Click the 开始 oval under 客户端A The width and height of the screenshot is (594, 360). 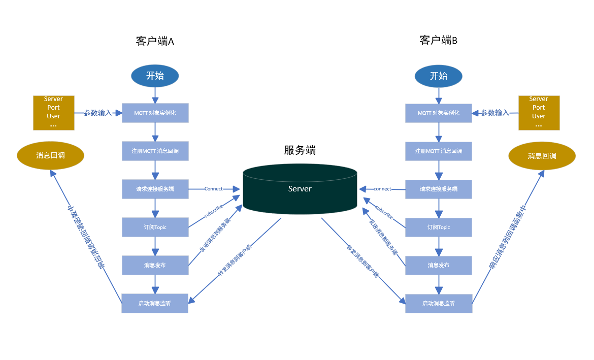(155, 76)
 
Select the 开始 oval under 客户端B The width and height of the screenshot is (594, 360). (438, 76)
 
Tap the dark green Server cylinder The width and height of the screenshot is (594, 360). (300, 189)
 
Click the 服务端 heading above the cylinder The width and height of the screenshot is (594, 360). (300, 150)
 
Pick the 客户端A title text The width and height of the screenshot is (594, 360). (155, 41)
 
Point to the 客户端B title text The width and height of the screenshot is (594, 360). (439, 40)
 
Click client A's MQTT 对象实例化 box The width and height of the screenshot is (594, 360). (155, 113)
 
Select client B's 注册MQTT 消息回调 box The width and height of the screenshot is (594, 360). (439, 151)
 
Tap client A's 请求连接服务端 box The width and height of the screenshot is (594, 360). (155, 189)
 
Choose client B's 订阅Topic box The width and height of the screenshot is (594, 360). (439, 227)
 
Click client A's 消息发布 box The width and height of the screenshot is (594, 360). (155, 265)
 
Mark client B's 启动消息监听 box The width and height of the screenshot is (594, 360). (439, 303)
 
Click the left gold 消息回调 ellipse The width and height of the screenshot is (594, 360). (51, 155)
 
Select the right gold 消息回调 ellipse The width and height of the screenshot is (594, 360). (542, 156)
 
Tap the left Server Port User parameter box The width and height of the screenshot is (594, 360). (53, 113)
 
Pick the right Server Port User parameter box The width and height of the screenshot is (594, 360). (539, 113)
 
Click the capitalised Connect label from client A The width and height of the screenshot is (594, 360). (213, 189)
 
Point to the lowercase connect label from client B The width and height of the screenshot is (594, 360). (382, 189)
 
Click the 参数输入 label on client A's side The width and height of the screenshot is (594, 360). (97, 113)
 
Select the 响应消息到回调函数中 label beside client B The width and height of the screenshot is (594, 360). (508, 238)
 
